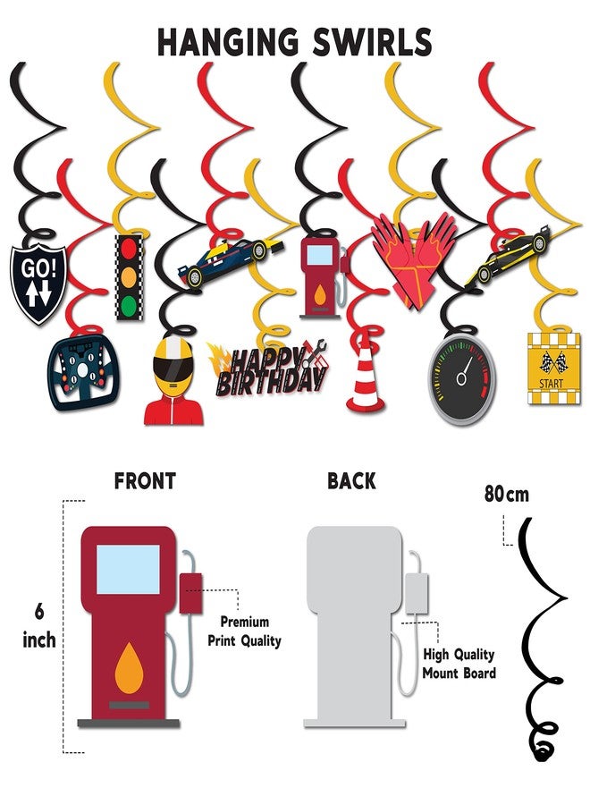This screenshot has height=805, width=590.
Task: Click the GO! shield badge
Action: point(38,284)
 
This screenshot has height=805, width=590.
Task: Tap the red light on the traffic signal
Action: point(129,250)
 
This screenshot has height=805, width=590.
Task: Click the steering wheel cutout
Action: point(84,372)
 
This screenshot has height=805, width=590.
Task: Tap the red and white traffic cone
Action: point(365,377)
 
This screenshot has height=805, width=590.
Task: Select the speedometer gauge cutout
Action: point(462,379)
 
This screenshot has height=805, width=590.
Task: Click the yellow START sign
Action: point(554,369)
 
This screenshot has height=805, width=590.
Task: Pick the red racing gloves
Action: point(414,260)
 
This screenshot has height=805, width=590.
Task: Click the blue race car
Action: point(231,262)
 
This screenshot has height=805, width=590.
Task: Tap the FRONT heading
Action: point(145,481)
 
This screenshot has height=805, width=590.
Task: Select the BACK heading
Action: point(352,481)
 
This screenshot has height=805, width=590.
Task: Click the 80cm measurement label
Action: point(506,494)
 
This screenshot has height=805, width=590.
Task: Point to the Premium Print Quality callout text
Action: point(244,631)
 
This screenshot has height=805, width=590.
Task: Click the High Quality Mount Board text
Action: point(459,664)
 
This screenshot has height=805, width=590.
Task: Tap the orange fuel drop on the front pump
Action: point(129,666)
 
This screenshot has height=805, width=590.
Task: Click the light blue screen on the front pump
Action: point(128,570)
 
